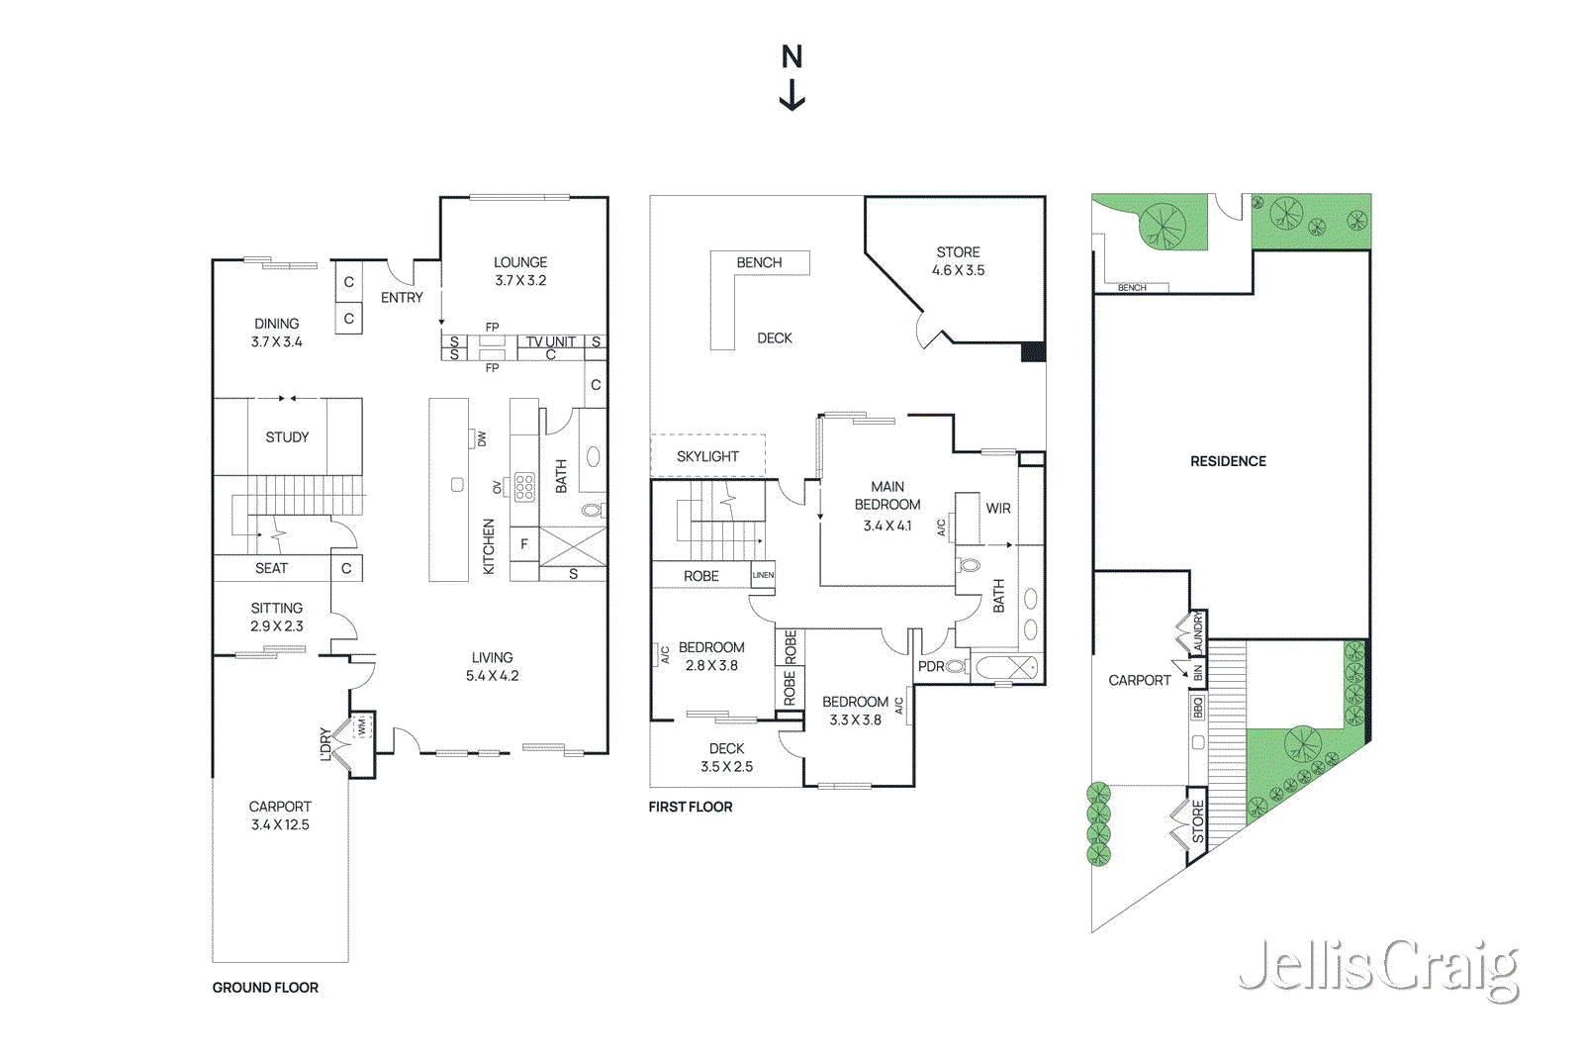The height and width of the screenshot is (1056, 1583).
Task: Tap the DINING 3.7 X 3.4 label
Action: coord(277,333)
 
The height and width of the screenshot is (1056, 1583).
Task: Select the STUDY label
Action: coord(287,437)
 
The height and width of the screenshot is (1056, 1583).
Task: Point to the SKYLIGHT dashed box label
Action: coord(707,456)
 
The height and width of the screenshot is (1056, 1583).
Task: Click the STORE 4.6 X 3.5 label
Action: coord(958,261)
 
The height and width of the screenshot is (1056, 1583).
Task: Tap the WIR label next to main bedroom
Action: coord(998,509)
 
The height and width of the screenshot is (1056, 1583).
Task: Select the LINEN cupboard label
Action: coord(763,575)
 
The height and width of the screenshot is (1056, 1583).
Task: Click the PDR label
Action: coord(931,666)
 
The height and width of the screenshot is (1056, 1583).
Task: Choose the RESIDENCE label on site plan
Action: coord(1228,461)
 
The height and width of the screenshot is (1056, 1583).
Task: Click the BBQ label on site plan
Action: coord(1198,708)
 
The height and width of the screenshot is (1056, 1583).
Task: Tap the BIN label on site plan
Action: coord(1198,673)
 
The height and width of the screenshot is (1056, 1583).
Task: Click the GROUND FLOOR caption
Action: coord(265,988)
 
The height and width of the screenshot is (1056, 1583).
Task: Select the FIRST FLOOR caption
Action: coord(691,807)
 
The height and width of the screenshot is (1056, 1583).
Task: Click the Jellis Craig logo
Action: coord(1378,968)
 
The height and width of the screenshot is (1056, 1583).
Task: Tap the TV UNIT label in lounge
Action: coord(550,341)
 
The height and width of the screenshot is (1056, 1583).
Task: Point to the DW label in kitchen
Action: coord(482,438)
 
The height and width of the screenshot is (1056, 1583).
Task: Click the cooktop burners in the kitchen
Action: coord(524,486)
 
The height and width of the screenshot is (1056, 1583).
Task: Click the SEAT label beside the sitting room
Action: coord(271,568)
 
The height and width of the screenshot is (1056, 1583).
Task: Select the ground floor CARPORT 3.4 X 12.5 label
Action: coord(280,816)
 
